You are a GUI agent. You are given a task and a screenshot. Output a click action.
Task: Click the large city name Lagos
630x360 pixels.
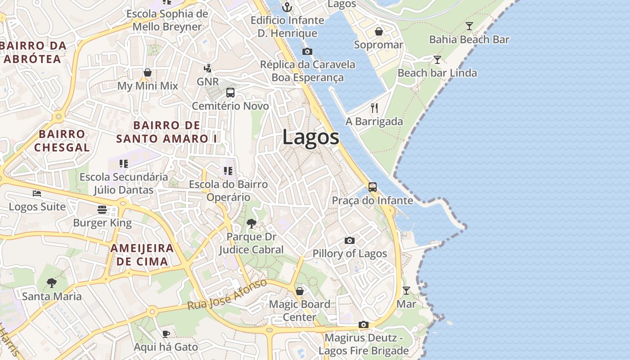310,137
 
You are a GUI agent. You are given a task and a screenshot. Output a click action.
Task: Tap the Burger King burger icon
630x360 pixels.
102,210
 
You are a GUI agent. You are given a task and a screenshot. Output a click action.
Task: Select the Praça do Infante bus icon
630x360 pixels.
372,187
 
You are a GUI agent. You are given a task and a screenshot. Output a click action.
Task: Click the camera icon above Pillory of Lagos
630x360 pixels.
349,241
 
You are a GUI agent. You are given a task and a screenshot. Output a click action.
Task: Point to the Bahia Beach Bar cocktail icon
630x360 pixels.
469,26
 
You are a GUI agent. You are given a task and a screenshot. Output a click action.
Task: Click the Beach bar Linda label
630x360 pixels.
437,73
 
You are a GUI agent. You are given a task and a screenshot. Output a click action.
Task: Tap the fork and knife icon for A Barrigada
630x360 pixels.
374,108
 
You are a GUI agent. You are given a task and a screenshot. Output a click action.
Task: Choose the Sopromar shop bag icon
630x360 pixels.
378,31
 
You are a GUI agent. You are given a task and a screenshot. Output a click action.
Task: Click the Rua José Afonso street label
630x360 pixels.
227,295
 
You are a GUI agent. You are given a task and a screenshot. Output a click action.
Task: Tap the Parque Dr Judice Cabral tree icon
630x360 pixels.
251,223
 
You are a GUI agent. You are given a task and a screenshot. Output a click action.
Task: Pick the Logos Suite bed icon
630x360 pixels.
37,193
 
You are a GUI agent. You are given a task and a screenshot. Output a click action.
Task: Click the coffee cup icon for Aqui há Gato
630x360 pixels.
166,334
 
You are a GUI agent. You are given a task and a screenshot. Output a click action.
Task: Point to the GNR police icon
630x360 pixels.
207,68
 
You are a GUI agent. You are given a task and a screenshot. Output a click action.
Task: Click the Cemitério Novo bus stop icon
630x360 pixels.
230,93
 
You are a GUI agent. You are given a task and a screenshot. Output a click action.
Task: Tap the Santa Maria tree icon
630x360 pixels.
52,283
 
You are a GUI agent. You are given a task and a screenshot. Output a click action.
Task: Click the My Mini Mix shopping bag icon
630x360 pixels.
147,72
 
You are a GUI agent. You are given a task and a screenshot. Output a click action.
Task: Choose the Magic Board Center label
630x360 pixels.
299,310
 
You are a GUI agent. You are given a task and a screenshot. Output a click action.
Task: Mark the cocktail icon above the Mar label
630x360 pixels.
406,291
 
